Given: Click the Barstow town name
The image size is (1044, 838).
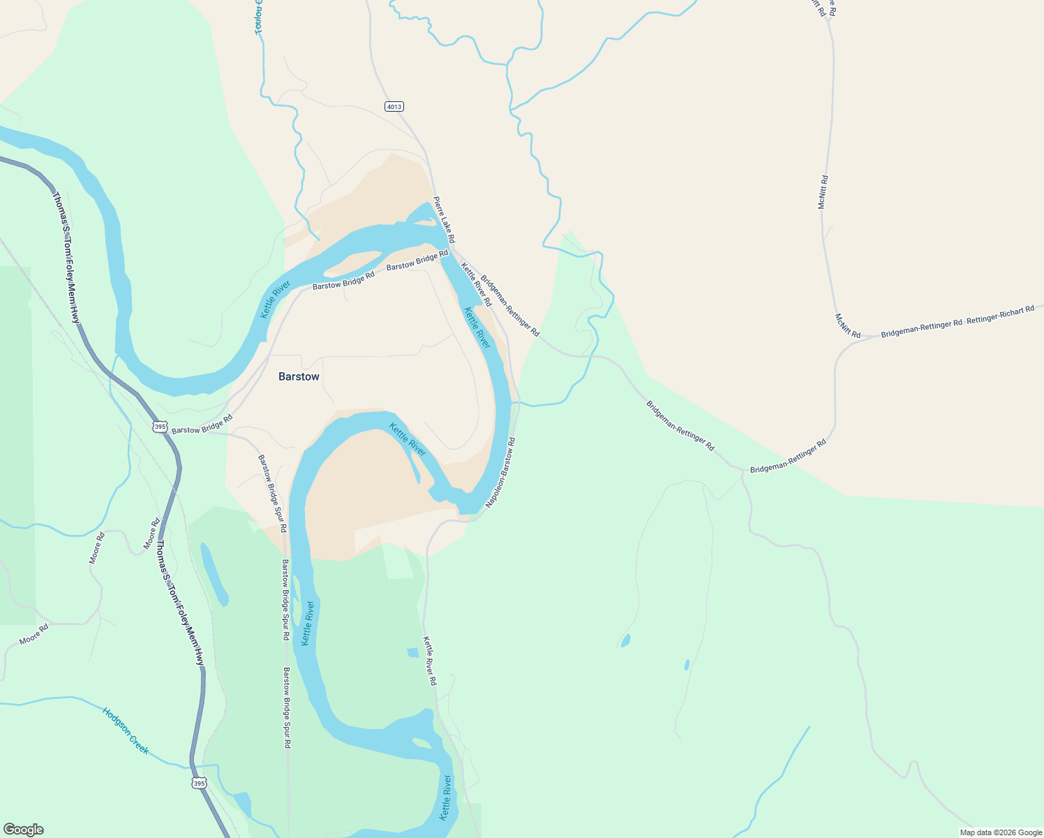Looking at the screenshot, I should point(299,376).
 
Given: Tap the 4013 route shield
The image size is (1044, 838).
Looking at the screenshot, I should point(394,107).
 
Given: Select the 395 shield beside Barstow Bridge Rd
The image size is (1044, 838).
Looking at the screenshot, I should point(161,426).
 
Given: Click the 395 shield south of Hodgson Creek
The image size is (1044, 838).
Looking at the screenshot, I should point(200,784).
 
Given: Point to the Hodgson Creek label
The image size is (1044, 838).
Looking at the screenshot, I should point(126,730).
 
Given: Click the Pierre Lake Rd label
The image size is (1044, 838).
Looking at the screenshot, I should point(444,220).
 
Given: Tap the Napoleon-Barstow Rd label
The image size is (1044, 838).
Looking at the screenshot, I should point(500,473).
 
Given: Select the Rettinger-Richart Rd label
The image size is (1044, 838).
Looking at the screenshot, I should point(1001,314).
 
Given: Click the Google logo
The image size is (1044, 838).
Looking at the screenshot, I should point(22,830).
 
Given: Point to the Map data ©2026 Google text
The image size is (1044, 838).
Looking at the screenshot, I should point(1001,832).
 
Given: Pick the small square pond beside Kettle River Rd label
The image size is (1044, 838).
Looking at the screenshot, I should point(412,652).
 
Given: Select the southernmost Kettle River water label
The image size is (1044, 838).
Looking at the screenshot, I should point(446,797).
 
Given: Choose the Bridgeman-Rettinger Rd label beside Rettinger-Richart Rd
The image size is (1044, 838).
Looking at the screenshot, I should point(921,328).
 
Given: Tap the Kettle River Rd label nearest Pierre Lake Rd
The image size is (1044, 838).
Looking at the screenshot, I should point(476,284).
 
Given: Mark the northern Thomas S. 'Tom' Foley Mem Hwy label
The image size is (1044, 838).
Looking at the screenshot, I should point(67,258).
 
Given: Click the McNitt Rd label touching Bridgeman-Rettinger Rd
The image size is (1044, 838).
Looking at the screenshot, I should point(848,325).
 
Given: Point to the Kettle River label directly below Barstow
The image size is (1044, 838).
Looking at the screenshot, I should point(408,439).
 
